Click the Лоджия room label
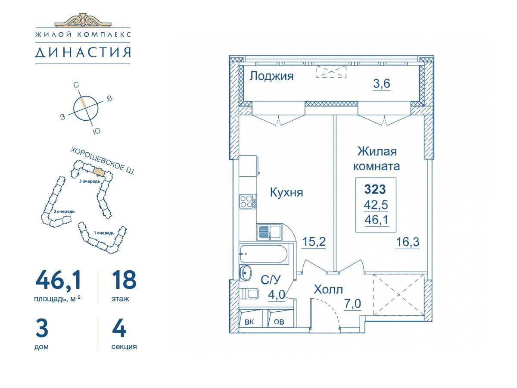271,77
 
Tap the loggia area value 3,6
382,83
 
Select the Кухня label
287,192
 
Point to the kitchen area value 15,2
314,241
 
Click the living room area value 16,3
408,242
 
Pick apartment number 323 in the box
375,189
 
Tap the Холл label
328,290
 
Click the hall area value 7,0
352,304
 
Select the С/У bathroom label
271,280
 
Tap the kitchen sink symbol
269,232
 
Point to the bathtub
263,254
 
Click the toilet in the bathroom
249,294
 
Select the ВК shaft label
249,322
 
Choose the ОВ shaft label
279,322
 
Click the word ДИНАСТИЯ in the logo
83,53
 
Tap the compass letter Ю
97,131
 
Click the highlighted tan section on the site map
99,171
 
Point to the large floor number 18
124,280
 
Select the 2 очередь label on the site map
64,211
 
